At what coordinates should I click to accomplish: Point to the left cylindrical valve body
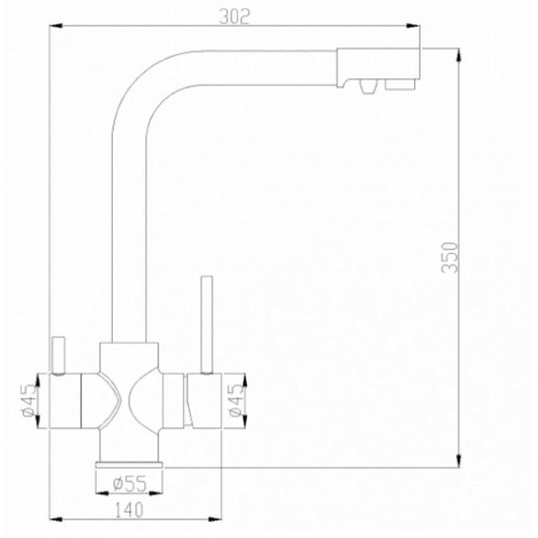(67, 401)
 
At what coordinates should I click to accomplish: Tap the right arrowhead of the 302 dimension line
(419, 27)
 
